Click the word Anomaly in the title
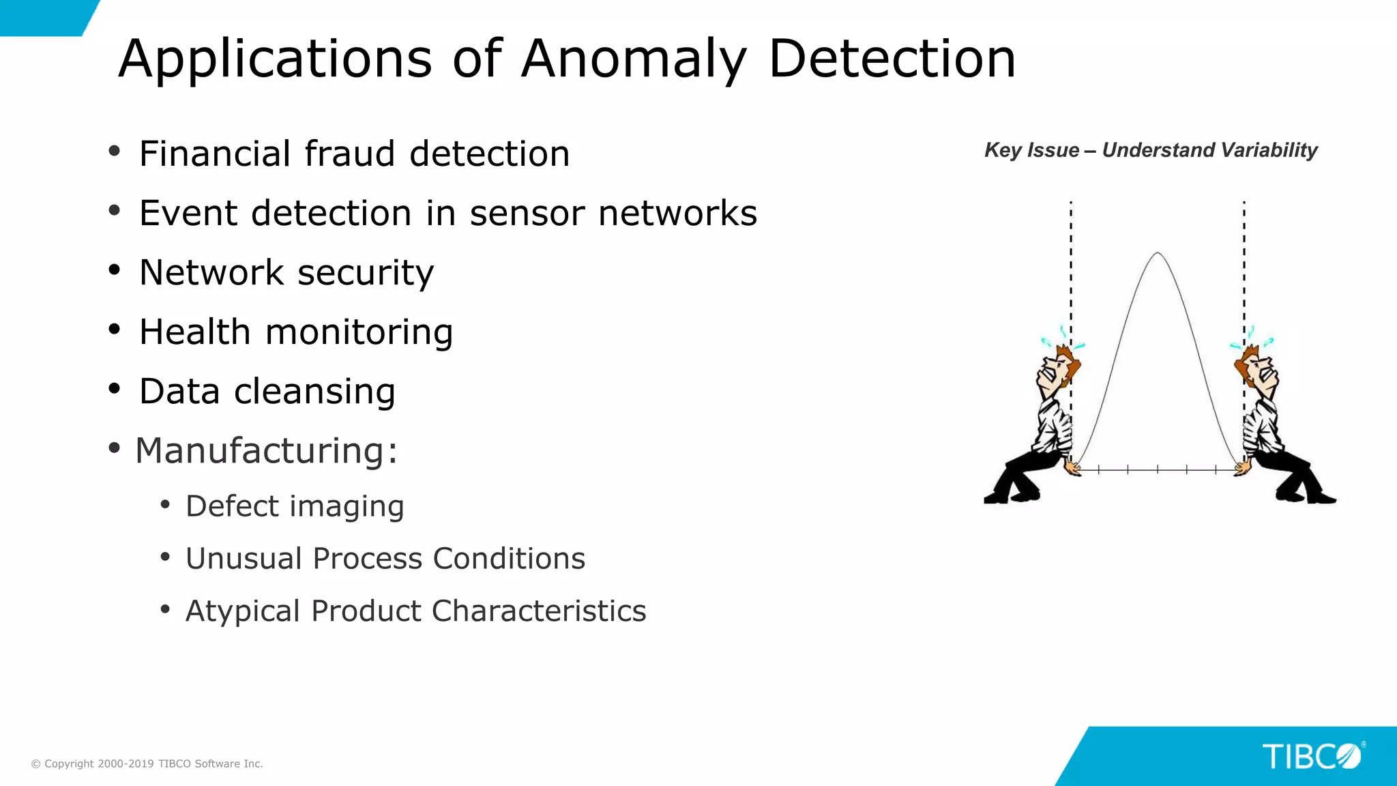(634, 60)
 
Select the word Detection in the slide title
(892, 59)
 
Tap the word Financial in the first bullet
(214, 154)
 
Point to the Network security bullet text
(286, 273)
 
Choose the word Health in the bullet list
(194, 332)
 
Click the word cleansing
(314, 392)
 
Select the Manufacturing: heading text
(266, 451)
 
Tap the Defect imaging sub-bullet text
(295, 506)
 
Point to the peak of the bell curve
(1158, 253)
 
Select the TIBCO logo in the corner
(1312, 757)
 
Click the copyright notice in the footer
(147, 764)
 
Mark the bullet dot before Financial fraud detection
(115, 151)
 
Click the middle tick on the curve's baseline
(1158, 469)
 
